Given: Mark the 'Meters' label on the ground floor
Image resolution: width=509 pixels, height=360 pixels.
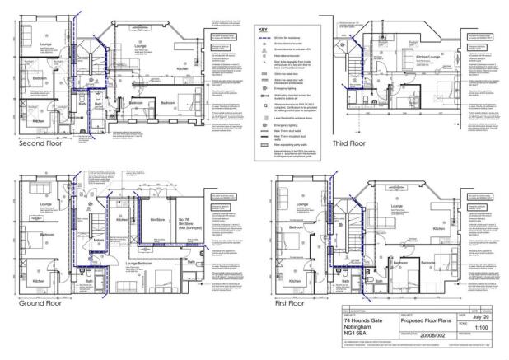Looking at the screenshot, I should pos(99,241).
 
